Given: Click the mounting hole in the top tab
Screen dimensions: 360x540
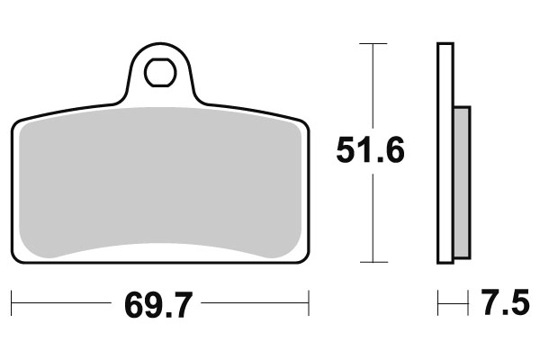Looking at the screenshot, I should coord(161,70).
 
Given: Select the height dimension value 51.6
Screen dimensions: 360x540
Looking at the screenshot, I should coord(370,150).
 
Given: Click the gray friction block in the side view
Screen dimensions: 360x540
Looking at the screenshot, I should coord(462,181).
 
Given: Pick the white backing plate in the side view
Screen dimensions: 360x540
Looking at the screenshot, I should coord(445,153).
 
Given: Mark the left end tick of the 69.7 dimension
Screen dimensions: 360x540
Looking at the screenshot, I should coord(12,303).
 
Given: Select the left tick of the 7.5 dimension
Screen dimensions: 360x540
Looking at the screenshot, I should coord(438,303).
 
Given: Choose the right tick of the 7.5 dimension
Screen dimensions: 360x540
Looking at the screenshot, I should coord(470,303).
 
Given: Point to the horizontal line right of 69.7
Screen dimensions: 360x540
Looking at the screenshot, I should coord(256,303).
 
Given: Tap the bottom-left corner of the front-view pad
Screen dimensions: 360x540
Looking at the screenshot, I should coord(15,259).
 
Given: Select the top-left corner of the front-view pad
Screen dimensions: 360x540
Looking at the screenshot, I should coord(16,121).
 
